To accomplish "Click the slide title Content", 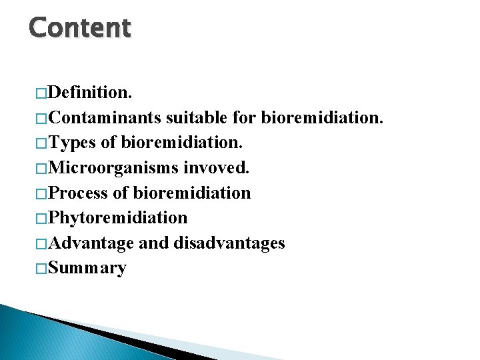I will tap(80, 28).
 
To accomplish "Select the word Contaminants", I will tap(105, 117).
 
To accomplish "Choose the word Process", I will tap(79, 193).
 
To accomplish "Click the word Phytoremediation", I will tap(118, 218).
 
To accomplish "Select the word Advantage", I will tap(91, 243).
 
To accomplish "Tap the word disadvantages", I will tap(229, 243).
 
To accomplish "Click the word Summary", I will tap(87, 269).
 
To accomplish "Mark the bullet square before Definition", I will tap(41, 92).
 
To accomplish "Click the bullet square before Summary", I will tap(41, 269).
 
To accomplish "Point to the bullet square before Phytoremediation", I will tap(41, 218).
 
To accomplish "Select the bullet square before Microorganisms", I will tap(41, 168).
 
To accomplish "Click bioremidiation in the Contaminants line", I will tap(322, 117).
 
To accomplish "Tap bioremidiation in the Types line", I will tap(182, 143).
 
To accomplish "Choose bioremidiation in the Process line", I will tap(192, 193).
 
